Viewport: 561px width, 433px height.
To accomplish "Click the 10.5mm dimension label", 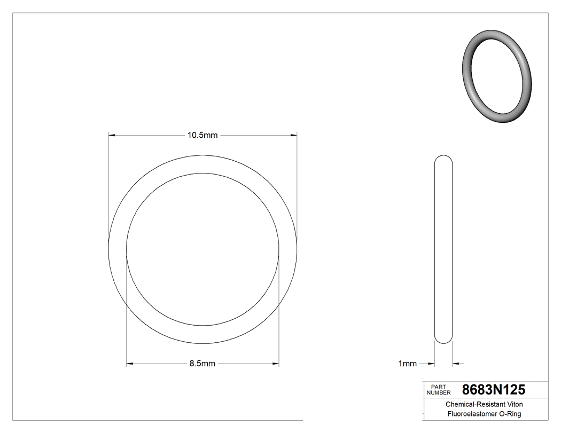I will [x=202, y=136].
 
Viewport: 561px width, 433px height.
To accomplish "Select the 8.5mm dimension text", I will [x=202, y=364].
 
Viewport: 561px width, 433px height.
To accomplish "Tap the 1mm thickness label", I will [x=407, y=364].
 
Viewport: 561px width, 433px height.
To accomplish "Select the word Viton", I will [x=514, y=405].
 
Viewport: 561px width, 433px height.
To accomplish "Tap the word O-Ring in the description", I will [x=510, y=414].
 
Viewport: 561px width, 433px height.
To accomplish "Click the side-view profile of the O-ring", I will [x=443, y=249].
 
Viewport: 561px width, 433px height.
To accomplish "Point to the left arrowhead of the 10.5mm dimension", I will [x=112, y=136].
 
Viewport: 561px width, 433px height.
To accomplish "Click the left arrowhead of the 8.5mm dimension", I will [x=130, y=364].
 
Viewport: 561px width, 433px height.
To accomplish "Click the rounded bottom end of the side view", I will [x=443, y=340].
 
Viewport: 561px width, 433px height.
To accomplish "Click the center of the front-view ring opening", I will [x=202, y=249].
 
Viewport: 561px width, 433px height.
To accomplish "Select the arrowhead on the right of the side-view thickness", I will [x=456, y=364].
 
